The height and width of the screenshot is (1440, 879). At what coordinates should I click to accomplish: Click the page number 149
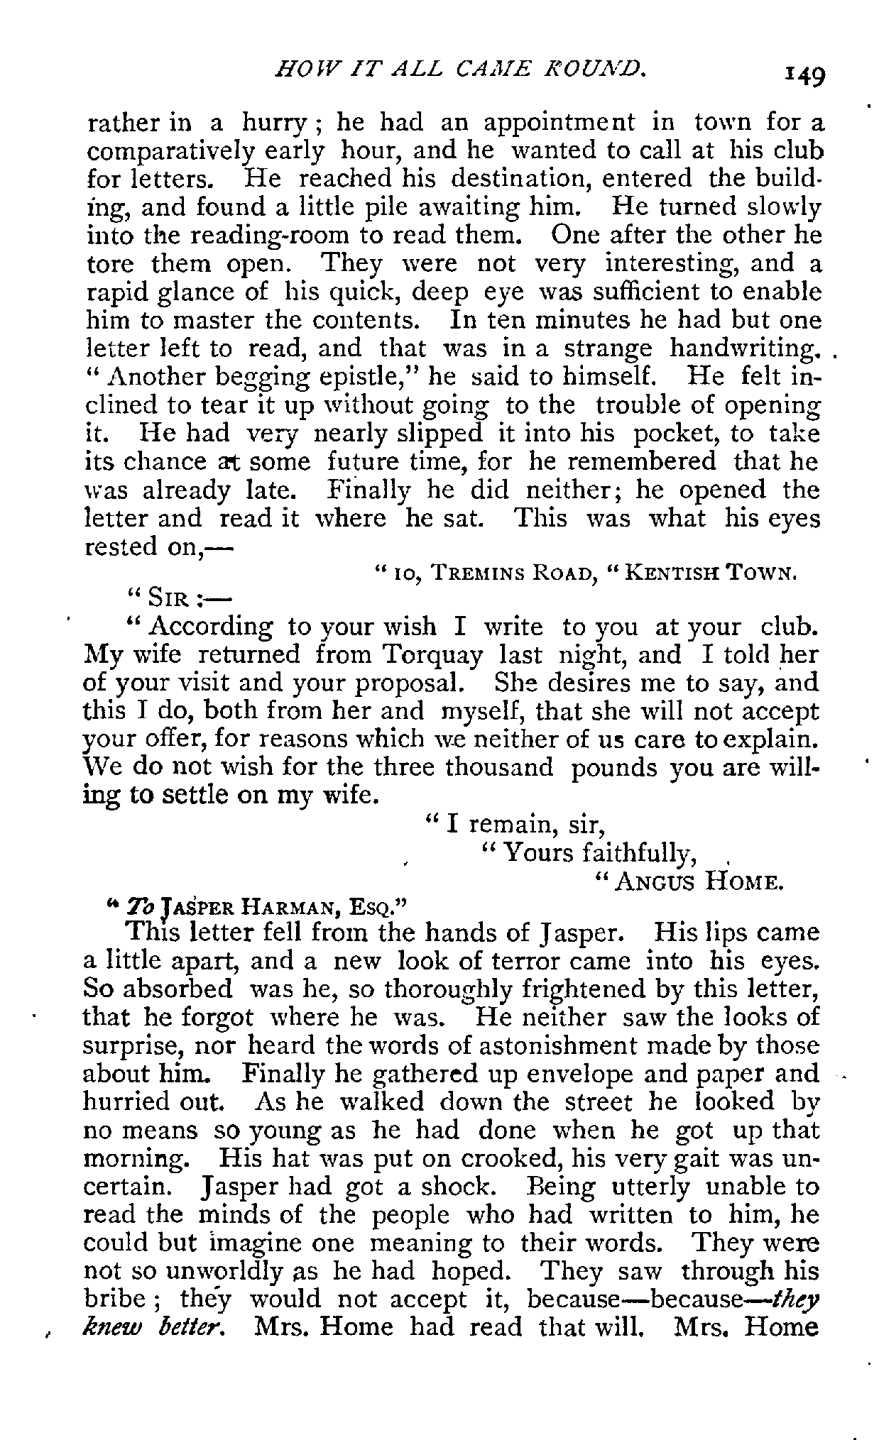[803, 73]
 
